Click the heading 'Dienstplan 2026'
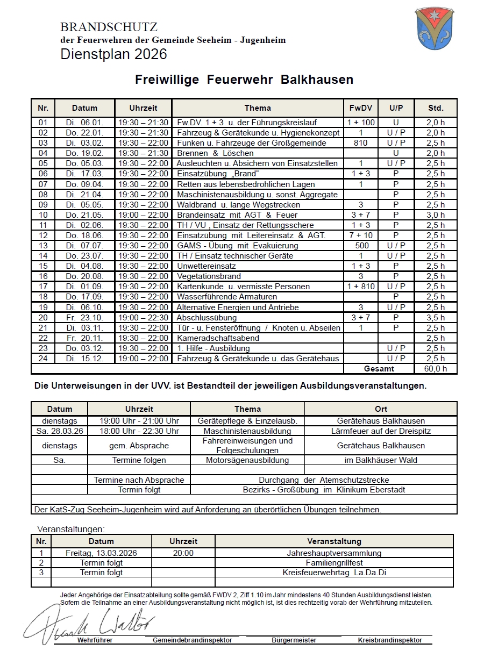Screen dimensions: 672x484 113,54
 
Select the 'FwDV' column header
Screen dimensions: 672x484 360,108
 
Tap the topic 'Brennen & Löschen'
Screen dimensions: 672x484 215,153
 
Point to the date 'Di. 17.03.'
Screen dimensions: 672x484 84,174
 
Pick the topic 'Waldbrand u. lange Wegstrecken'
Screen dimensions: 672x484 238,205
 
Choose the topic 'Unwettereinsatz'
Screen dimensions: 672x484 207,266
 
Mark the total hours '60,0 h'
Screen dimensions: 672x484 436,369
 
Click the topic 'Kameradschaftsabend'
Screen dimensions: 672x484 218,338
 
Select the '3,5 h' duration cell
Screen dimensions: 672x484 436,318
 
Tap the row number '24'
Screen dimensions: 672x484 43,359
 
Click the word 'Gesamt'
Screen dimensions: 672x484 379,369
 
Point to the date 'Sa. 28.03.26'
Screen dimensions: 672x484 59,431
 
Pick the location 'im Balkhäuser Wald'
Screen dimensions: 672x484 381,460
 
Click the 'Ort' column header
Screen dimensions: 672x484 381,409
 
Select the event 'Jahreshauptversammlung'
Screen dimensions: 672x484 334,553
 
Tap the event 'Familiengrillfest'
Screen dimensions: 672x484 334,563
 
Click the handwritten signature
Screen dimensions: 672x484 89,624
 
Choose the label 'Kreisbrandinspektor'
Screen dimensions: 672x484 390,640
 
